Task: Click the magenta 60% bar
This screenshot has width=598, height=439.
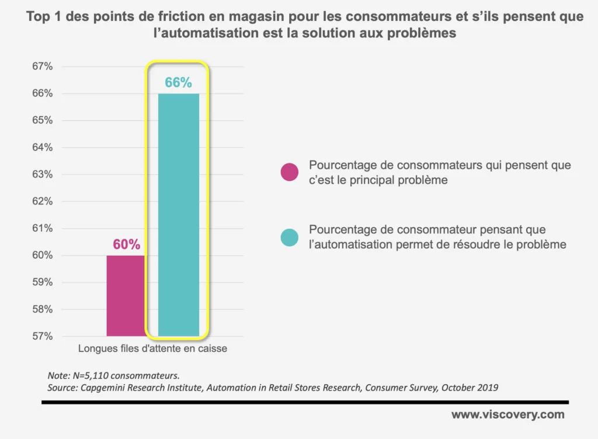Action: tap(125, 295)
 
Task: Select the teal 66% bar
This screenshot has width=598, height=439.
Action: tap(178, 215)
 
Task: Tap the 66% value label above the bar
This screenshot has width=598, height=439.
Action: tap(178, 83)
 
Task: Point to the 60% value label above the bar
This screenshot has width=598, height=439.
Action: tap(126, 245)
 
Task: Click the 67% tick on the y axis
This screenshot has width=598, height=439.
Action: tap(42, 67)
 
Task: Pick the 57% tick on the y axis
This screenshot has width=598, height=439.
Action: tap(42, 336)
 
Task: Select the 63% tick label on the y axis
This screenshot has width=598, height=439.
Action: tap(42, 175)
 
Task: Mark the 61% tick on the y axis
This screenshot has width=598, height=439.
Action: tap(42, 228)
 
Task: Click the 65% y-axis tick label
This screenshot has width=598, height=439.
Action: tap(42, 120)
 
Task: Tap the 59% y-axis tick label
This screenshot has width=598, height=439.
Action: tap(42, 282)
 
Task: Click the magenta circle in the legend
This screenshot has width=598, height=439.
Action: tap(289, 172)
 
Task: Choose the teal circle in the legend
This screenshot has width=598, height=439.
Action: tap(289, 238)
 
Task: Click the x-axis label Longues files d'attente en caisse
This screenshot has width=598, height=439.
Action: tap(152, 349)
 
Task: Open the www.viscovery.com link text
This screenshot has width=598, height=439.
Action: tap(507, 415)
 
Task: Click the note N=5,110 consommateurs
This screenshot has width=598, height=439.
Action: tap(117, 375)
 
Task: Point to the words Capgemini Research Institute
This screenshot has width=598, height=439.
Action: tap(131, 387)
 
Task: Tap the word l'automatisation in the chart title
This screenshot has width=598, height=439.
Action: tap(207, 34)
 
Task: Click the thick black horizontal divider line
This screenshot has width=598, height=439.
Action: tap(304, 402)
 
